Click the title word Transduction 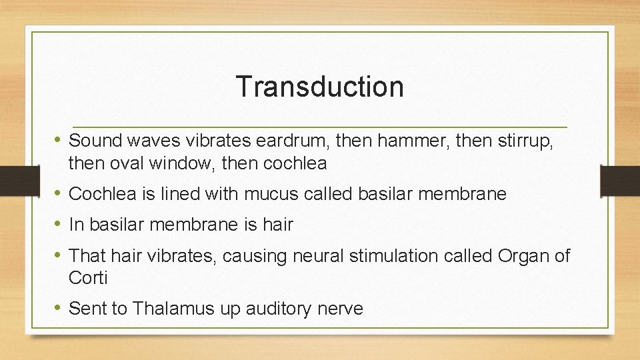pos(319,87)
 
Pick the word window pos(180,163)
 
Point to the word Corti pos(87,277)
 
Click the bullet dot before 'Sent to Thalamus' pos(58,309)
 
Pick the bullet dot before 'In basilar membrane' pos(58,225)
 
